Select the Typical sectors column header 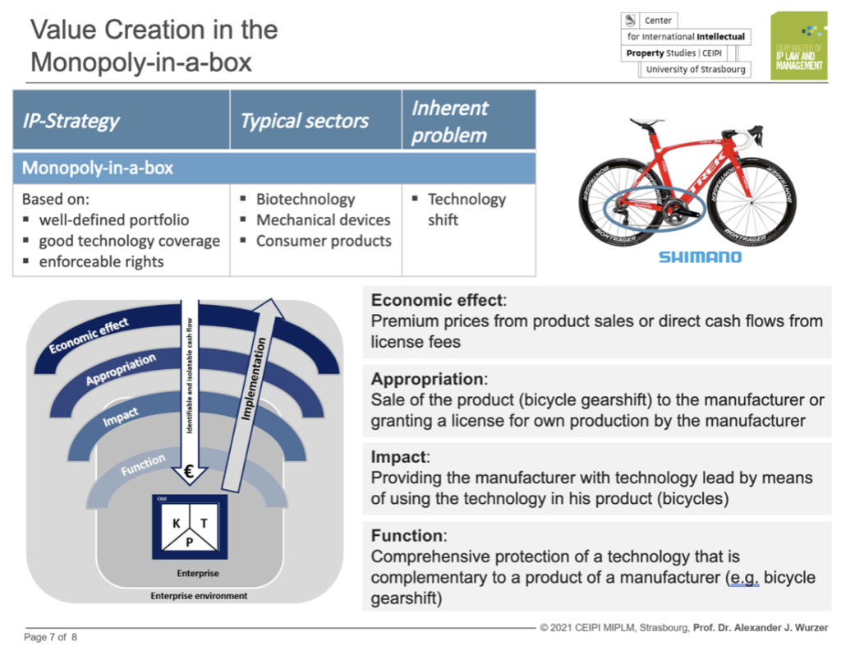[305, 122]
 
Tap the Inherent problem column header [449, 122]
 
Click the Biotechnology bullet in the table [305, 199]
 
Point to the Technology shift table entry [466, 210]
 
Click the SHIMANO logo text [700, 257]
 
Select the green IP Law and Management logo [797, 46]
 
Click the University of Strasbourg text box [695, 70]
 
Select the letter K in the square [175, 524]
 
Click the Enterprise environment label [198, 596]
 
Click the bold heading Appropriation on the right [427, 380]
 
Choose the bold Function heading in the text [407, 536]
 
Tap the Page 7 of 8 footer [51, 637]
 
